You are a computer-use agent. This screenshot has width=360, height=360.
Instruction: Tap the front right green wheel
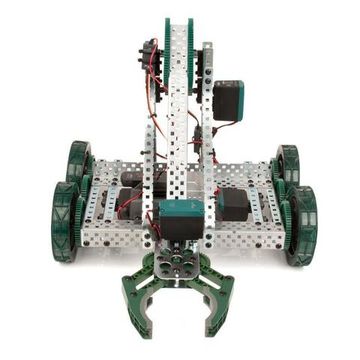(301, 225)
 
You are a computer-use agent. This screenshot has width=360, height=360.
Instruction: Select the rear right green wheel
(287, 166)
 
